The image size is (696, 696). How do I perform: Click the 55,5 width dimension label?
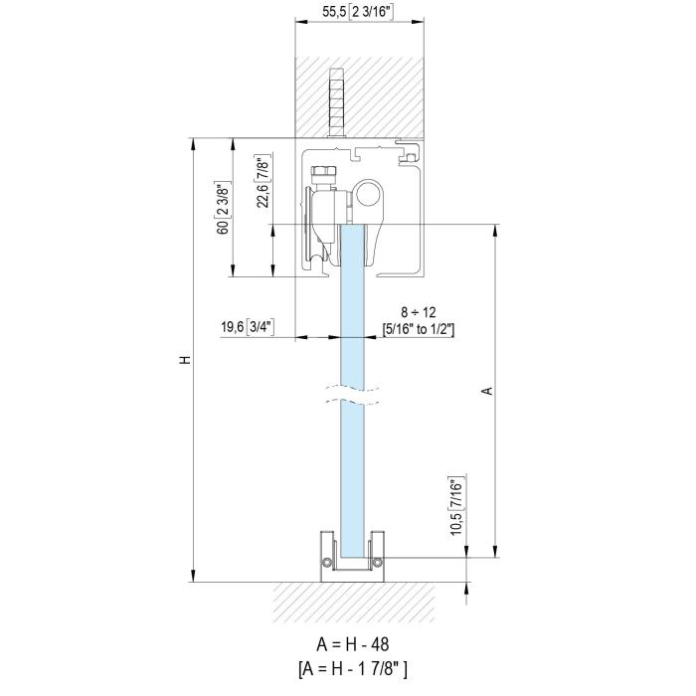[x=357, y=12]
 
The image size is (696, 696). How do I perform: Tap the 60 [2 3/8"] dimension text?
[x=224, y=208]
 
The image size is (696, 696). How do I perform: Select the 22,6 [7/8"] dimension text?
[x=262, y=181]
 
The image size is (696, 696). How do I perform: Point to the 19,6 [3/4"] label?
[x=248, y=327]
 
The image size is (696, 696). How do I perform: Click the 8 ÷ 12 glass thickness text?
[x=419, y=312]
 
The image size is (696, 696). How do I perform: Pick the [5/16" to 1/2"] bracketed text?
[x=419, y=329]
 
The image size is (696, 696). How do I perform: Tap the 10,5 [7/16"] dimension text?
[x=457, y=505]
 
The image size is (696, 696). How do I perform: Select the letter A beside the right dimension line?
[x=488, y=391]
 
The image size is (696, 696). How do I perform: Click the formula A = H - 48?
[x=352, y=644]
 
